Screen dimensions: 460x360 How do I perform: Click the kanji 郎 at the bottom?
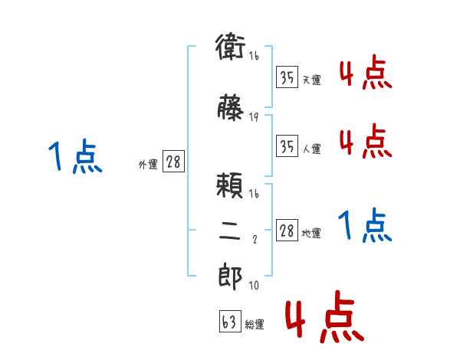pos(230,277)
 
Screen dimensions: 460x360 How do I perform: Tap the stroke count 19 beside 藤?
pos(254,117)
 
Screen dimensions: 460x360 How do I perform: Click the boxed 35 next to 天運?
pos(287,77)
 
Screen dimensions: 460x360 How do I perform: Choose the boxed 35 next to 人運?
pos(287,146)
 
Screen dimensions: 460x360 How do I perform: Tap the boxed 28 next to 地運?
pos(287,231)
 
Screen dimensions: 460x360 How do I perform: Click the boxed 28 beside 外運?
pos(173,162)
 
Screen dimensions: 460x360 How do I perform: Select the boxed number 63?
pos(229,322)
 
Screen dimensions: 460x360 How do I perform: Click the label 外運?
pos(147,164)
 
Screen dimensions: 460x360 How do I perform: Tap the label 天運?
pos(311,80)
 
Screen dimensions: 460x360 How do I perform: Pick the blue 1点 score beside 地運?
pos(365,226)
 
